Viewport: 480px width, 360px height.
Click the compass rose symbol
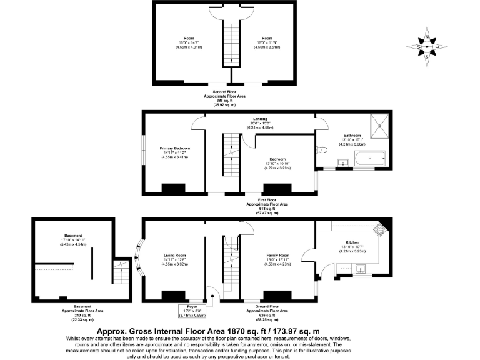click(x=427, y=47)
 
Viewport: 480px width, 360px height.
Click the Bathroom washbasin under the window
click(x=342, y=164)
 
